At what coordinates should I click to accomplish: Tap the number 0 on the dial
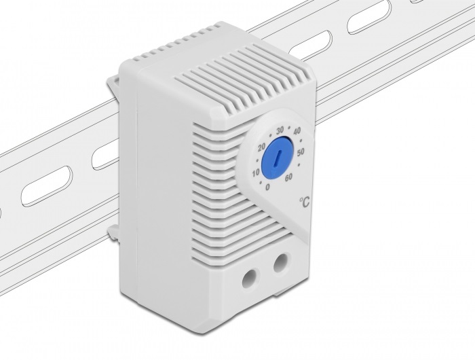click(267, 187)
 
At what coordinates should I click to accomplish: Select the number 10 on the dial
click(256, 173)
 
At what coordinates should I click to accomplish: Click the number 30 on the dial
click(280, 130)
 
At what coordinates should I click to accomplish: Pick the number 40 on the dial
click(297, 131)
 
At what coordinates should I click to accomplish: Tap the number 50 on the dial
click(301, 153)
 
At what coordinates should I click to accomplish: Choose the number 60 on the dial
click(288, 177)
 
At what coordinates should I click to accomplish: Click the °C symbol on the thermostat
click(305, 201)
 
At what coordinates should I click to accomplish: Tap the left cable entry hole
click(252, 278)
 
